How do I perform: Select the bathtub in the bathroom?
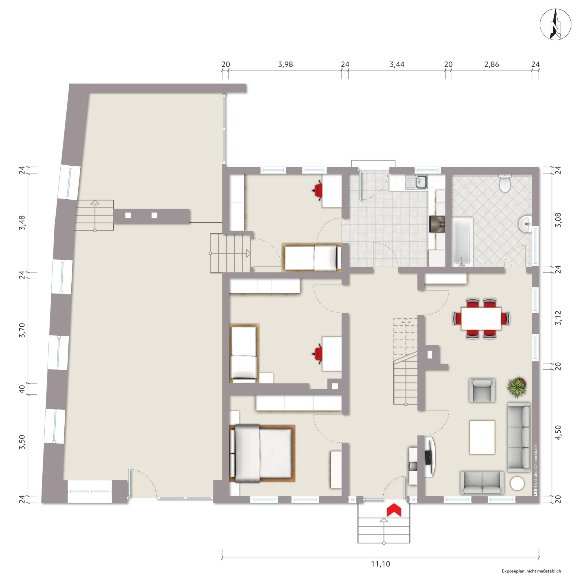(x=462, y=242)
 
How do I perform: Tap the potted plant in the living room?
(x=517, y=387)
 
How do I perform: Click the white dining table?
(x=481, y=318)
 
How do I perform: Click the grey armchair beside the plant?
(x=482, y=390)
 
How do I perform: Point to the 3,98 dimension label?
(x=285, y=64)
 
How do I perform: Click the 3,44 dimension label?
(x=397, y=64)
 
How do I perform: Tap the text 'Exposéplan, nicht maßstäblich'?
(x=531, y=571)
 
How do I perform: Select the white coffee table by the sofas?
(x=482, y=437)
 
